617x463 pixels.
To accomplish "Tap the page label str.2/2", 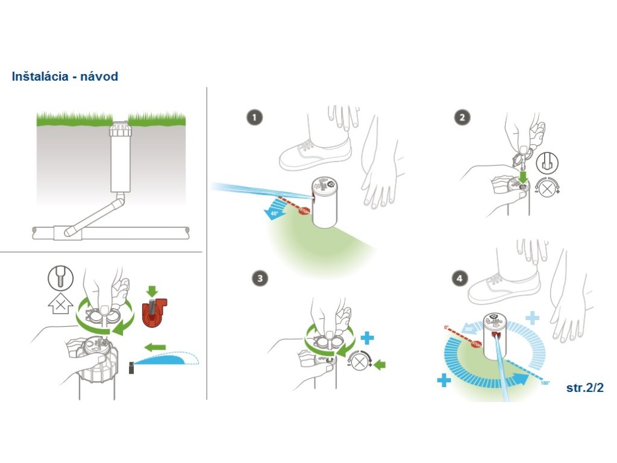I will (x=584, y=388).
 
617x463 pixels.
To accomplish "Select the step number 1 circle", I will (x=254, y=118).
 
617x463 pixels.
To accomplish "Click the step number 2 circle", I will (x=462, y=118).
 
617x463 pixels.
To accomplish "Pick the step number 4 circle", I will (x=460, y=279).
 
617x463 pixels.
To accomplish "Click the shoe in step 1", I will (x=315, y=153).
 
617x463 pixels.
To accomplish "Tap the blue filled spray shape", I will (x=163, y=360).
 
